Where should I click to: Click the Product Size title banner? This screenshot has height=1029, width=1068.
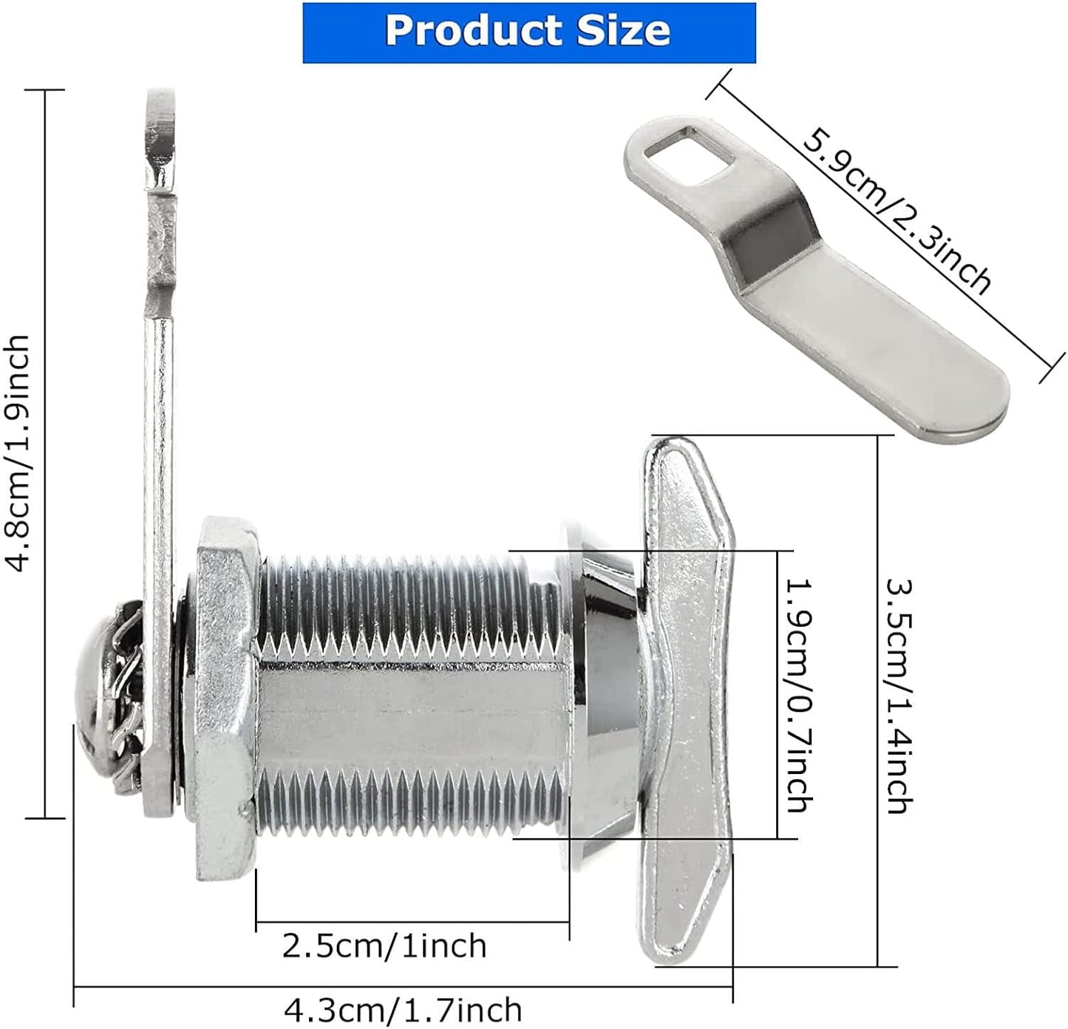[x=528, y=33]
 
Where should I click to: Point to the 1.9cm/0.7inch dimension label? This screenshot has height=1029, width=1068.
[x=799, y=694]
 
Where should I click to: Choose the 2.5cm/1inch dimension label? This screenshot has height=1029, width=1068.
[x=384, y=945]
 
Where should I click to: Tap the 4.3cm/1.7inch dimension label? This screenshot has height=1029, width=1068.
[x=403, y=1009]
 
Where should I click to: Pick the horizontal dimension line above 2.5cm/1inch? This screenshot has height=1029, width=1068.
[x=412, y=922]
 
